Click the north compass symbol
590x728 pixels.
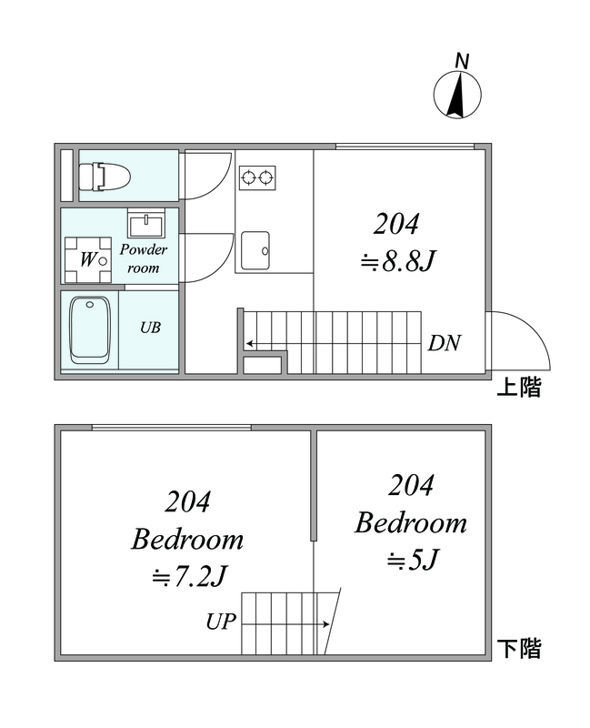[457, 95]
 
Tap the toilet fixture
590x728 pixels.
[105, 176]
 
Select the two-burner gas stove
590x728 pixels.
[257, 177]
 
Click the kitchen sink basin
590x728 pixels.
[255, 251]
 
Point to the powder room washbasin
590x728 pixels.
[146, 223]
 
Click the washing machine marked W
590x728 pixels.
[88, 260]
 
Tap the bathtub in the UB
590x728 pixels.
[89, 330]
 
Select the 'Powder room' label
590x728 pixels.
[144, 258]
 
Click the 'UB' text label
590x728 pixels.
[150, 328]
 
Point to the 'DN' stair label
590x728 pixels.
[445, 343]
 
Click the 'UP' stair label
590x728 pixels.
[221, 621]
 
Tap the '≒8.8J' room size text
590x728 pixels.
[398, 261]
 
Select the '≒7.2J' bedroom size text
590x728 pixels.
[189, 576]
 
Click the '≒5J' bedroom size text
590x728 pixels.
[413, 560]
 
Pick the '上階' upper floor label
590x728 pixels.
[518, 387]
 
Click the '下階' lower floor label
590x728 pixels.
[518, 648]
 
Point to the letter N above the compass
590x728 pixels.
[462, 61]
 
